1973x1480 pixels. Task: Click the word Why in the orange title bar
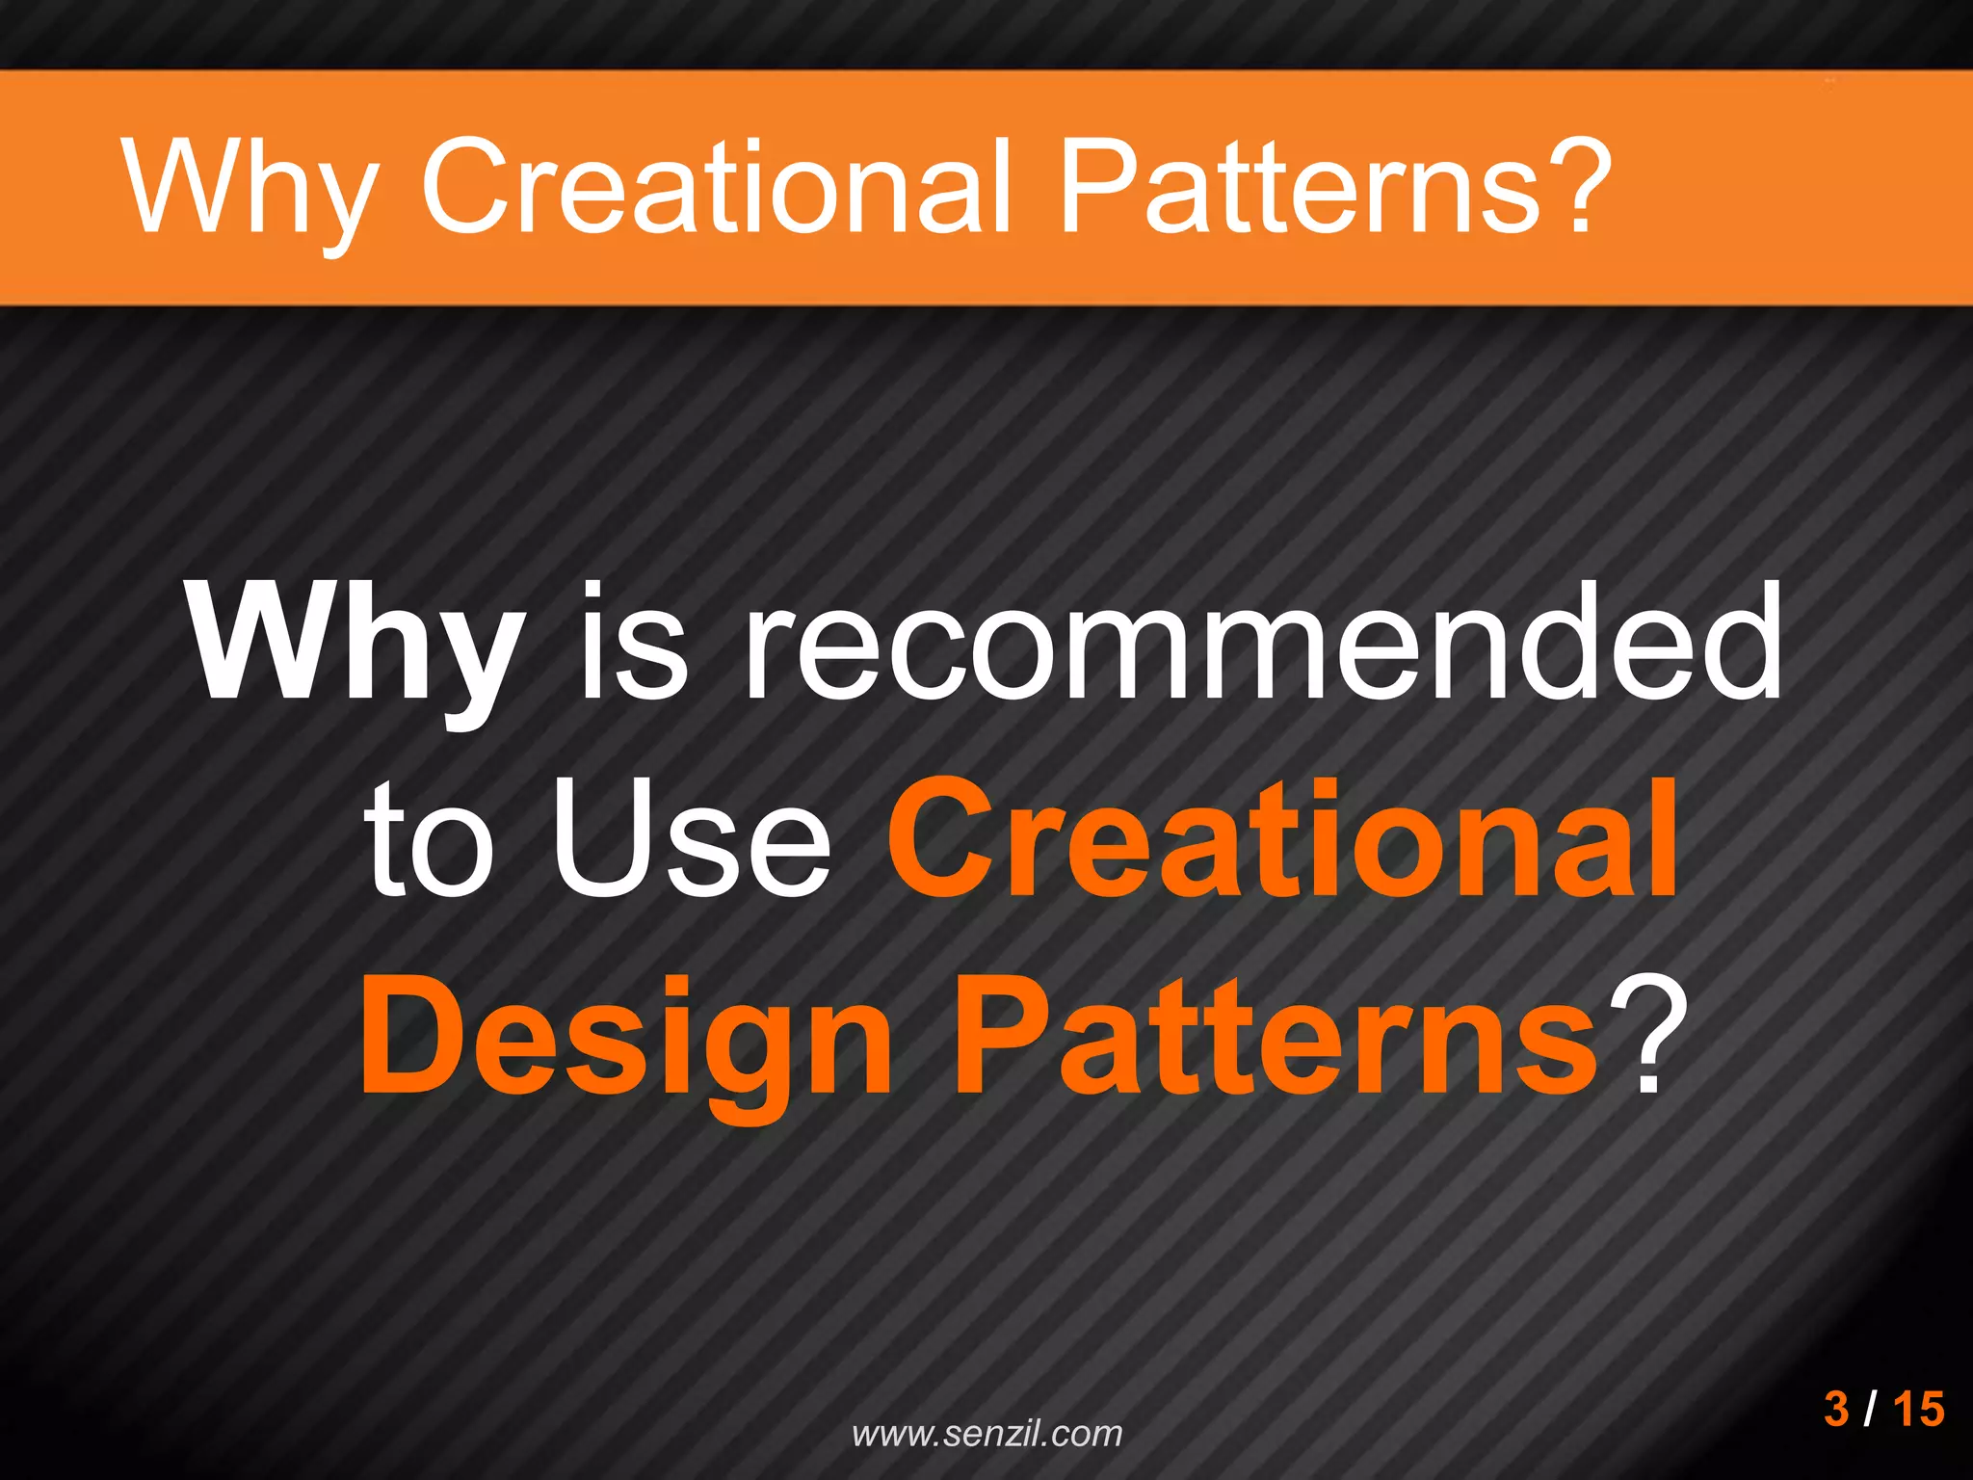(249, 188)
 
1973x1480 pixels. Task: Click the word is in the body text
(633, 643)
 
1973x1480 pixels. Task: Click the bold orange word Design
(626, 1041)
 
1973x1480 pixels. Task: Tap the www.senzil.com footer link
(987, 1434)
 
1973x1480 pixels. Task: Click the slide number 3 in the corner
(1836, 1409)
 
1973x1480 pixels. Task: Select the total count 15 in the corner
(1918, 1409)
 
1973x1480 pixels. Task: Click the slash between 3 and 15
(1870, 1409)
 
